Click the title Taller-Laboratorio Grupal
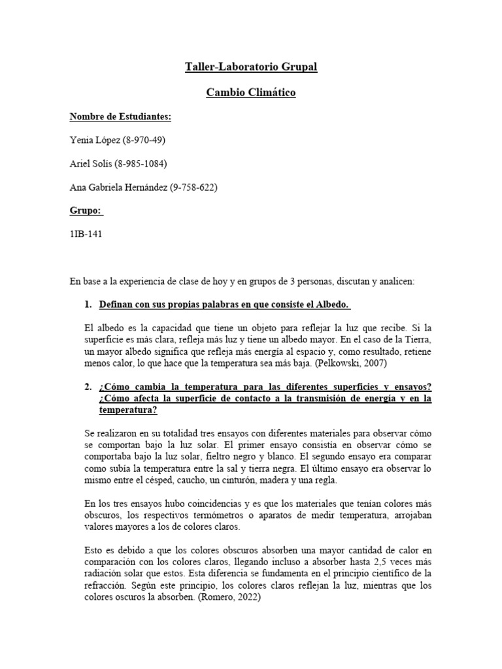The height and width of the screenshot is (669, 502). pyautogui.click(x=251, y=67)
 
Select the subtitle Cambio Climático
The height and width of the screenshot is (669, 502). pyautogui.click(x=251, y=93)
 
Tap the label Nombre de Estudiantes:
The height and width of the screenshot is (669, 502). pyautogui.click(x=120, y=117)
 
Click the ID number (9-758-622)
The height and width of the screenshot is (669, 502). pyautogui.click(x=193, y=188)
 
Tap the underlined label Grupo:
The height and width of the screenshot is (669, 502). pyautogui.click(x=86, y=212)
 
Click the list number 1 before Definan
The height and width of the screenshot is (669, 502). pyautogui.click(x=88, y=305)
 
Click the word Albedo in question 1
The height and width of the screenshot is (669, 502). pyautogui.click(x=334, y=305)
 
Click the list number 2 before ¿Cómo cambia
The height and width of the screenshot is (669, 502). pyautogui.click(x=88, y=387)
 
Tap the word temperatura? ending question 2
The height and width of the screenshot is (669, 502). pyautogui.click(x=128, y=411)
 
